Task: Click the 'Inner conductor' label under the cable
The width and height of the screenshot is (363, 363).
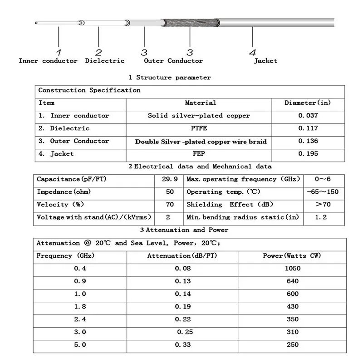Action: [x=48, y=61]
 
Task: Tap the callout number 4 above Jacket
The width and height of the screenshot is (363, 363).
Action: [x=253, y=52]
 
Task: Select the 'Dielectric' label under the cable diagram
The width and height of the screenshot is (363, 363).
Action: [x=105, y=61]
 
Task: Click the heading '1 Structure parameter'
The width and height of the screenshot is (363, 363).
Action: [x=170, y=78]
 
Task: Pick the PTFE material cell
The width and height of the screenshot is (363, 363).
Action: [x=199, y=128]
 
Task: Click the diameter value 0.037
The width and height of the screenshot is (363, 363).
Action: [x=308, y=116]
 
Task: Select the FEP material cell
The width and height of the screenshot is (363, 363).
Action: [x=199, y=154]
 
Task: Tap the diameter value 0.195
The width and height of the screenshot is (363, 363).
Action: [x=308, y=154]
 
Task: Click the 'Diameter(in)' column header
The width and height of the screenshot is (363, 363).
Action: [x=308, y=103]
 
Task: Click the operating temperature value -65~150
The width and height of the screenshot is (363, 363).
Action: [x=323, y=192]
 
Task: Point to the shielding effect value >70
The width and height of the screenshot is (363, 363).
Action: [x=323, y=205]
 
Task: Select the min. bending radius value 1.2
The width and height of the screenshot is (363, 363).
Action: [x=321, y=217]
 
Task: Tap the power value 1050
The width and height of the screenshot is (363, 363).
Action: [x=293, y=268]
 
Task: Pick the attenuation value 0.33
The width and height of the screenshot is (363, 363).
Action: [x=183, y=344]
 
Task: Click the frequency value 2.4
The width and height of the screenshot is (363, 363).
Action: [x=80, y=319]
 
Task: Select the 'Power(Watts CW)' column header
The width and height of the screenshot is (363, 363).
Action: [x=292, y=256]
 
